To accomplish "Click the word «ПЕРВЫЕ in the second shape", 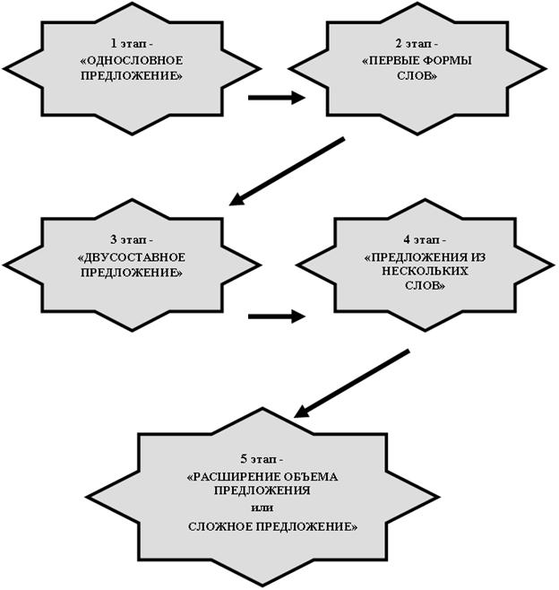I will [x=386, y=61].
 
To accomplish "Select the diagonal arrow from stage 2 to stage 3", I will [x=287, y=171].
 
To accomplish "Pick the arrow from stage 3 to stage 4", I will [x=276, y=316].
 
